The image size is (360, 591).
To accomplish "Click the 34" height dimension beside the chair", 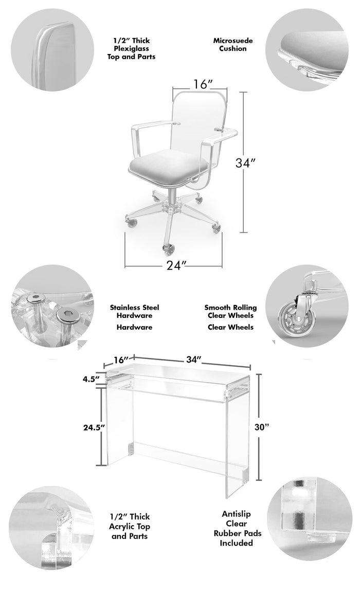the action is pos(245,163).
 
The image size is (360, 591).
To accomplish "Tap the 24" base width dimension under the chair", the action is pos(176,265).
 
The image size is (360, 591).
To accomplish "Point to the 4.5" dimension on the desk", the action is pos(91,379).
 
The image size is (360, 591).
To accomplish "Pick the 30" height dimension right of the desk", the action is pos(262,427).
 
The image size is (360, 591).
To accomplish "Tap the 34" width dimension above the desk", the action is pos(194,360).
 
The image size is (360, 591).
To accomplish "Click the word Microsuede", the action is pos(233,41).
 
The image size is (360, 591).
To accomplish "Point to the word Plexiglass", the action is pos(131,49).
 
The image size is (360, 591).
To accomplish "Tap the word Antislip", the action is pos(237,514).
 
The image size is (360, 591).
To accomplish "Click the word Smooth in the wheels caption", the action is pos(217,308).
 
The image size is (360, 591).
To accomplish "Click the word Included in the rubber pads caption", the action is pos(237,543).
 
